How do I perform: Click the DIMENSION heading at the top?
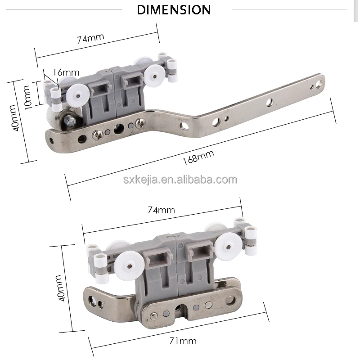174,9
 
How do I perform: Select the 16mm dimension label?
66,72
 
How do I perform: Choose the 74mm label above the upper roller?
90,37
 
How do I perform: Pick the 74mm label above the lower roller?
161,210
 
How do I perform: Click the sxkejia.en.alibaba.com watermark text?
180,180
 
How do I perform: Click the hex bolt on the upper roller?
70,120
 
